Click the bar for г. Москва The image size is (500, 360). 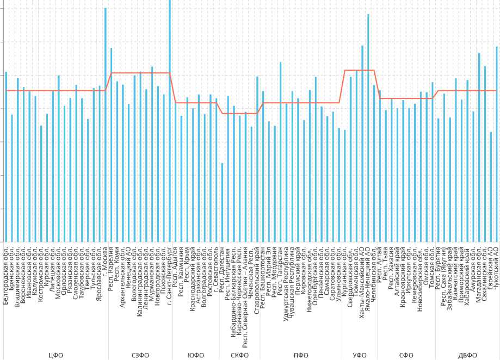[x=106, y=125]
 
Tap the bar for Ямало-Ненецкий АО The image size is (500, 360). [x=368, y=128]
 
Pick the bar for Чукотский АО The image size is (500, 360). [x=497, y=144]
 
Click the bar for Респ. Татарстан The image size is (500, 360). [x=281, y=152]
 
